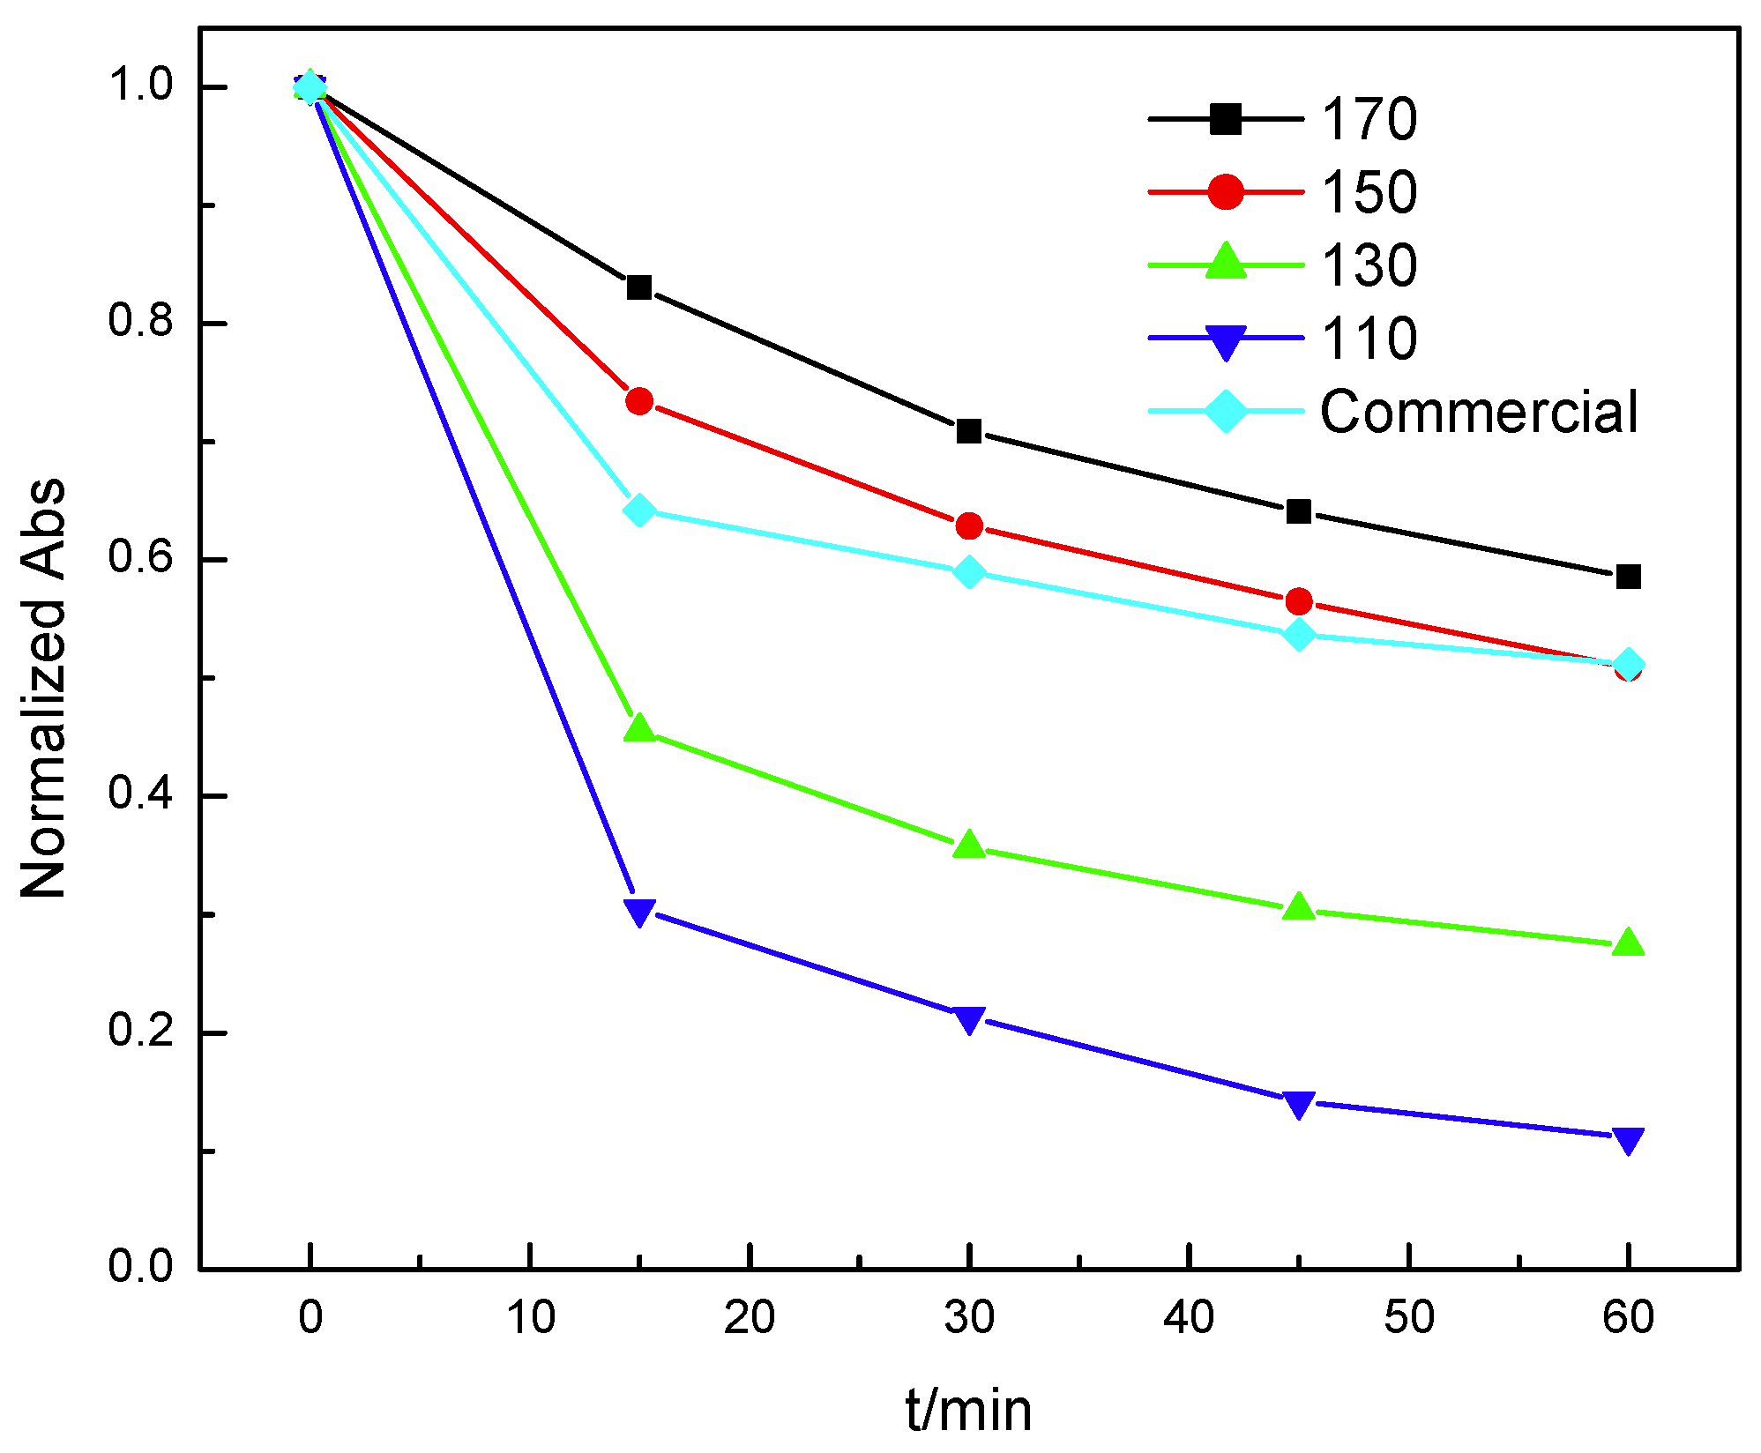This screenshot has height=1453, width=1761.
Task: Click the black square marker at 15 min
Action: click(x=639, y=287)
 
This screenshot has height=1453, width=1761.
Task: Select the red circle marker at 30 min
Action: click(x=969, y=526)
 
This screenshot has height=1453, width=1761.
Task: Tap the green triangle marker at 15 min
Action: click(x=639, y=729)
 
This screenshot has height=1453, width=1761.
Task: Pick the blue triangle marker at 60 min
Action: click(x=1628, y=1140)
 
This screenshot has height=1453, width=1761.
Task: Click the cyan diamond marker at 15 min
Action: click(x=639, y=510)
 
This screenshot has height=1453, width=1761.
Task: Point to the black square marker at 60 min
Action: click(x=1628, y=577)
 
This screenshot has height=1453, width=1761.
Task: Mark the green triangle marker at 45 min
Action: click(x=1298, y=907)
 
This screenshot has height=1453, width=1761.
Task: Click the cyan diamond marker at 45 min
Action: click(x=1298, y=634)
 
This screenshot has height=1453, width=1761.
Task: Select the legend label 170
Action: click(x=1369, y=119)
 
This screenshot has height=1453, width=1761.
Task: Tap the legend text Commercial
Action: click(x=1478, y=412)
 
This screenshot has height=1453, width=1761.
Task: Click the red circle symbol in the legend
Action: click(x=1226, y=191)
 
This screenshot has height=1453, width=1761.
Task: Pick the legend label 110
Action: click(x=1369, y=339)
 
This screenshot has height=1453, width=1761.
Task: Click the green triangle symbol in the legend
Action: click(x=1226, y=263)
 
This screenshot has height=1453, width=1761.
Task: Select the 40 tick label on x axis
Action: click(x=1189, y=1318)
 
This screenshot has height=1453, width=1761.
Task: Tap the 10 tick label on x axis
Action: click(x=530, y=1318)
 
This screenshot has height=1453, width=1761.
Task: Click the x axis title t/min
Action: click(x=968, y=1409)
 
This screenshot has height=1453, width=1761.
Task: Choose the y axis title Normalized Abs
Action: click(x=44, y=688)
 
